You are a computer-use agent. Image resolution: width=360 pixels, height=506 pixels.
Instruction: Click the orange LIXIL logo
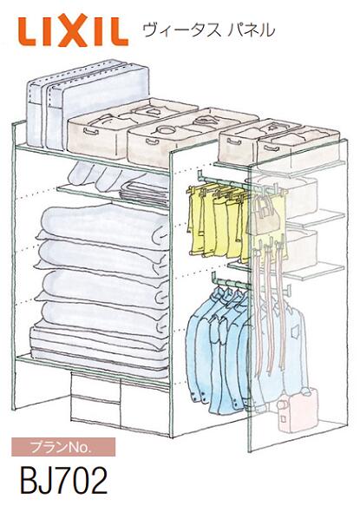[73, 30]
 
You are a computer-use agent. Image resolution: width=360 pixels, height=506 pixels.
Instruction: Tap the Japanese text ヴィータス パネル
[209, 30]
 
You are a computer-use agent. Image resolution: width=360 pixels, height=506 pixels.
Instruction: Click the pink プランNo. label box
[63, 447]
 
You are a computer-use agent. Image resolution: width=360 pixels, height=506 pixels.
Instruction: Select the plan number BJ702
[63, 481]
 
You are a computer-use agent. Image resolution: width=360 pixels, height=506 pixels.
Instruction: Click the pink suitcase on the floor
[298, 410]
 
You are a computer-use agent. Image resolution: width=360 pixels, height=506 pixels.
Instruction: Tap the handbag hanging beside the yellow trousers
[263, 214]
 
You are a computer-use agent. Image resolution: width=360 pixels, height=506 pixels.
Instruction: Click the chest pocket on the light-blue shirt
[295, 332]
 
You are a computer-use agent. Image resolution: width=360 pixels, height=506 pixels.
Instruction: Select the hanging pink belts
[271, 306]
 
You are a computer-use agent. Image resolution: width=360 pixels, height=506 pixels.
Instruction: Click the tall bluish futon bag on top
[87, 103]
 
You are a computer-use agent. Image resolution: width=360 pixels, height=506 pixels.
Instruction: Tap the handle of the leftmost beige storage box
[90, 132]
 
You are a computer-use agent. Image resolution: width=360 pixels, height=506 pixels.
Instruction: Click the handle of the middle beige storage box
[153, 142]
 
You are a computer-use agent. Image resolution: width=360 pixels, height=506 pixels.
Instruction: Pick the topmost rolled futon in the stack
[103, 223]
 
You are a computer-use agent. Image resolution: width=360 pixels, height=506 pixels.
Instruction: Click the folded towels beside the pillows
[145, 194]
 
